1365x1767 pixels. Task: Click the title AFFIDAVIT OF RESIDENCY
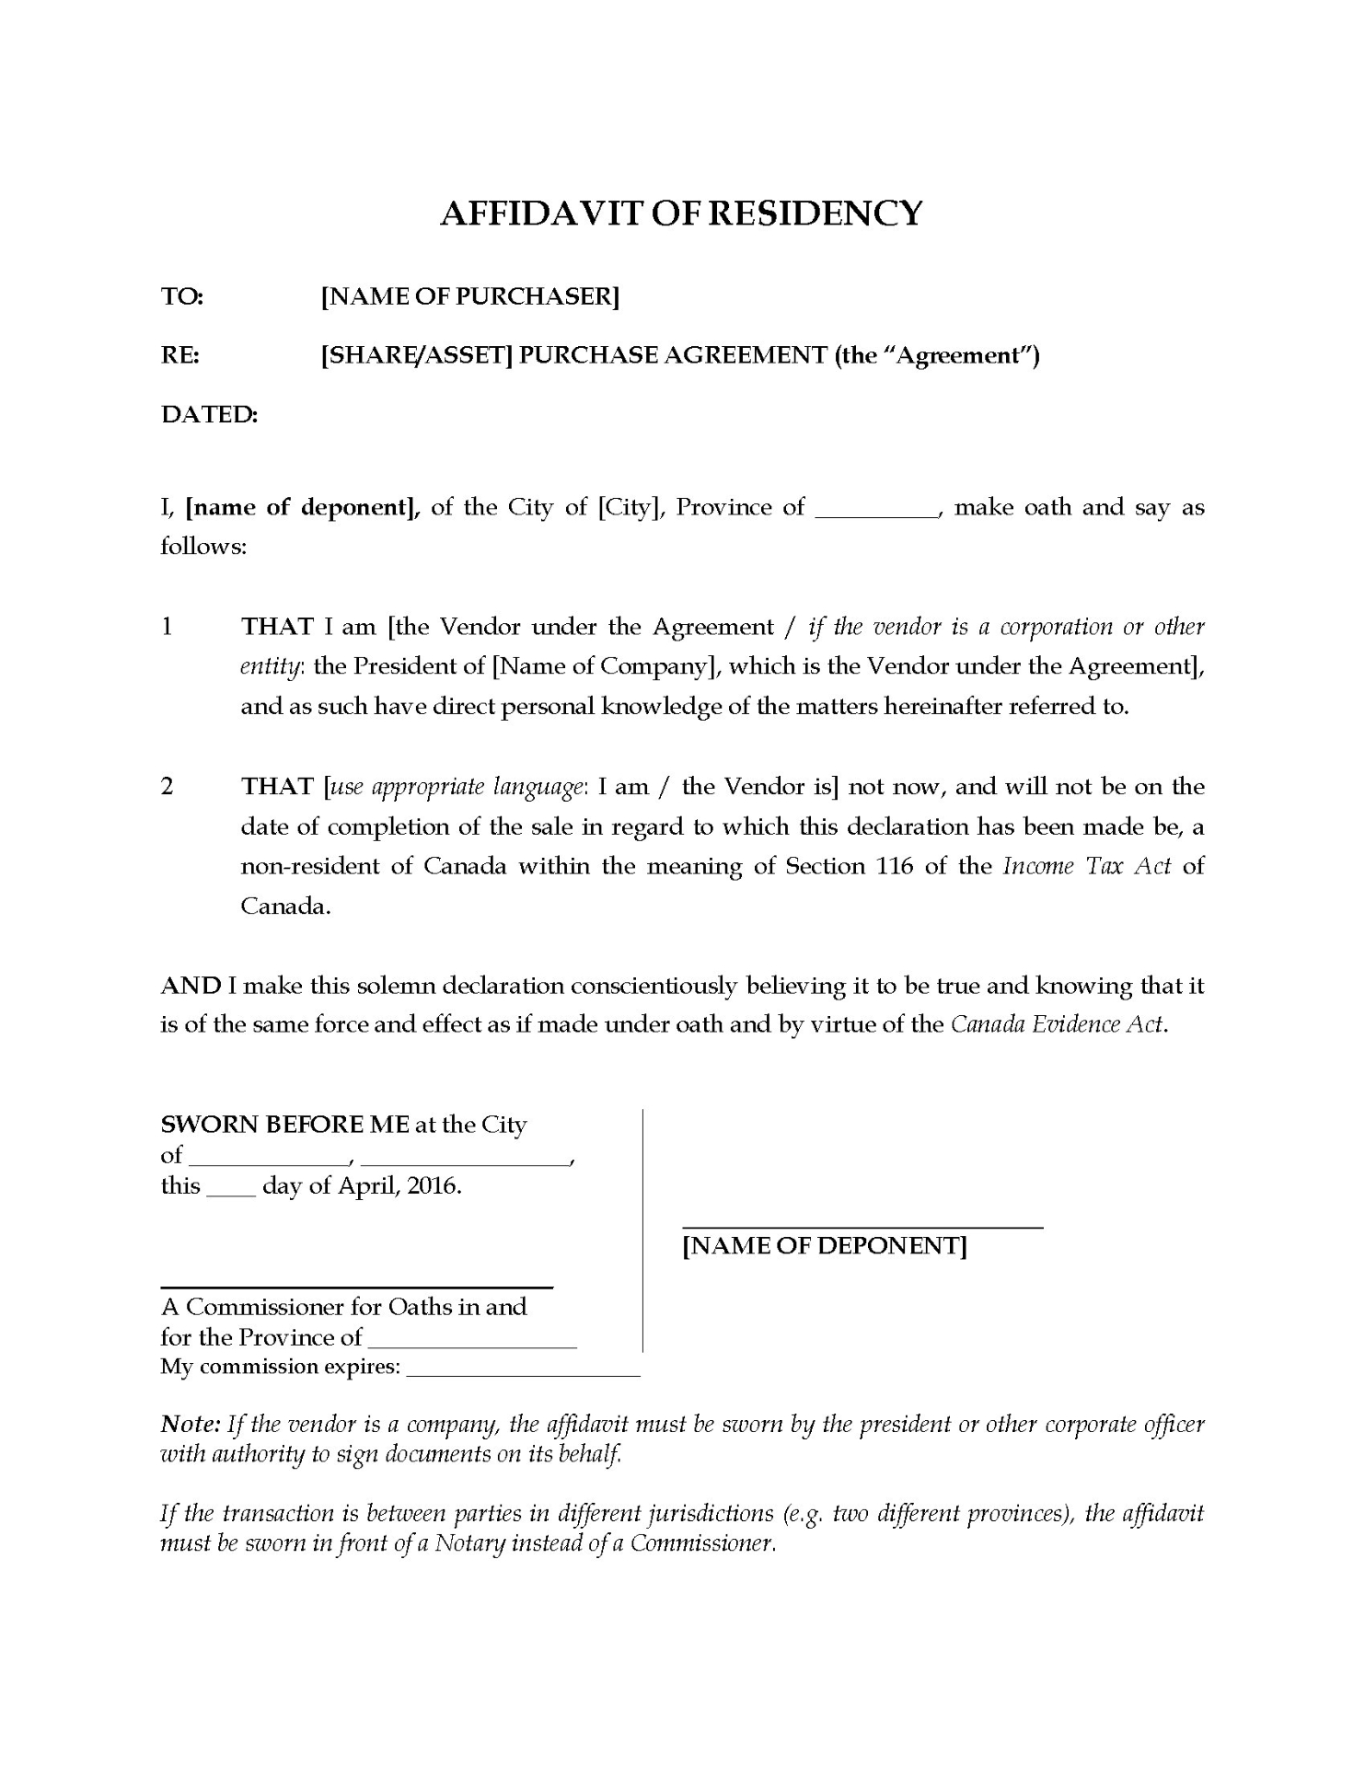(681, 213)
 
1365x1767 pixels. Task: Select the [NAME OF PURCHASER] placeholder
(469, 296)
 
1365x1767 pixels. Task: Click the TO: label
(182, 296)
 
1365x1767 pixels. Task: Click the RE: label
(180, 355)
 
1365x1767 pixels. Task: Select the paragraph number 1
(167, 627)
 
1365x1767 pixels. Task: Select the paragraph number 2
(167, 786)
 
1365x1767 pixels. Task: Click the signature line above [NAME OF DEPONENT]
(862, 1228)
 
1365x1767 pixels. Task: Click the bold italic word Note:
(191, 1425)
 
